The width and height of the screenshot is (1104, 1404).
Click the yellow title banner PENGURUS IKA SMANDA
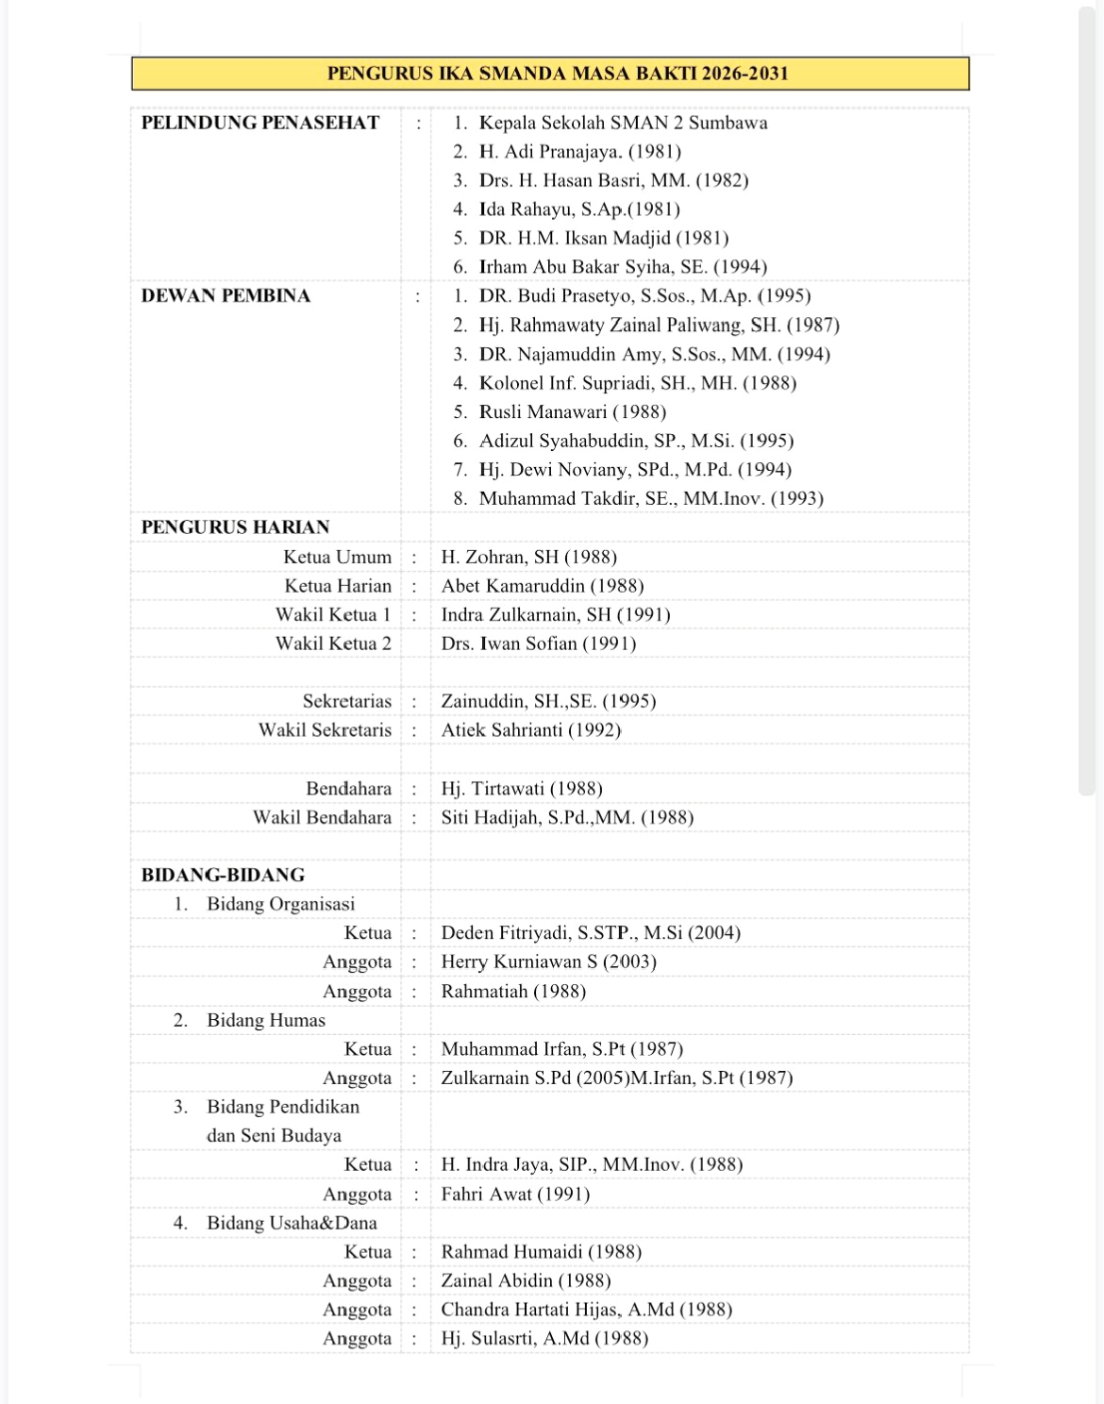(558, 74)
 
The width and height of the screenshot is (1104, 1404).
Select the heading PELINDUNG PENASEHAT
(260, 123)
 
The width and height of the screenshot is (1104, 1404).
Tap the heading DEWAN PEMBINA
(226, 296)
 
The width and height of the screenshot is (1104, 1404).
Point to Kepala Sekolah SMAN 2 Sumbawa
(623, 123)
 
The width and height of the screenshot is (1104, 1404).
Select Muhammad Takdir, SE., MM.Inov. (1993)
(651, 499)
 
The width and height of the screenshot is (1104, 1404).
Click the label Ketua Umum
(337, 558)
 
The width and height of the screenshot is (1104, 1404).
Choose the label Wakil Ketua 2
(332, 643)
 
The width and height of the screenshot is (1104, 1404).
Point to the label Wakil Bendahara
(322, 817)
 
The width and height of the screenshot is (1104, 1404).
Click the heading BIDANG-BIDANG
(223, 875)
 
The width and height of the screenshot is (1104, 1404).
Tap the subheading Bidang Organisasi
(280, 904)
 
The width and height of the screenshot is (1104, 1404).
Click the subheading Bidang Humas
(265, 1020)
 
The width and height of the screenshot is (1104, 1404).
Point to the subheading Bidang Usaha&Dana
(292, 1223)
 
